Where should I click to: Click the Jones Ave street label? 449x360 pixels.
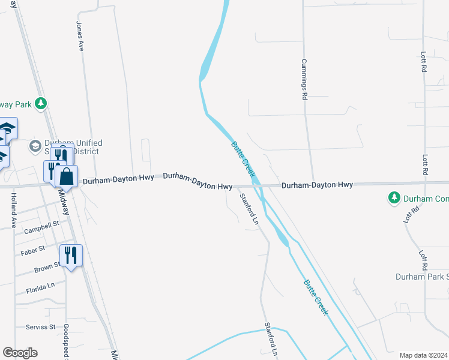[x=79, y=37]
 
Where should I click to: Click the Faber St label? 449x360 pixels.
[x=33, y=248]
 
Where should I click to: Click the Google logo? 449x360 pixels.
[x=20, y=353]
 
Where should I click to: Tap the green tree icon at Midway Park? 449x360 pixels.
[x=41, y=104]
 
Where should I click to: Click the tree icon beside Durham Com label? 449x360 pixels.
[x=394, y=197]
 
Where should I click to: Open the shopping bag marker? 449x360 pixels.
[x=66, y=176]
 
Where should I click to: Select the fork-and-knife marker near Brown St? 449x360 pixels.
[x=71, y=255]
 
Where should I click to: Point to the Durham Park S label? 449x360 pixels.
[x=421, y=277]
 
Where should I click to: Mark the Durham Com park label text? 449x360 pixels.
[x=426, y=198]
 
